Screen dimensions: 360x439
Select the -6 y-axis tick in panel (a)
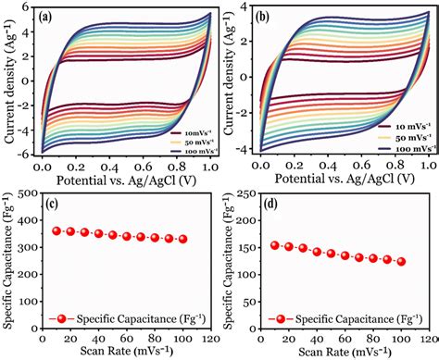coord(28,151)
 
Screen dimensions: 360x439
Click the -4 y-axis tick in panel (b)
coord(249,149)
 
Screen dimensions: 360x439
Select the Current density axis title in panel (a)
coord(8,79)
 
